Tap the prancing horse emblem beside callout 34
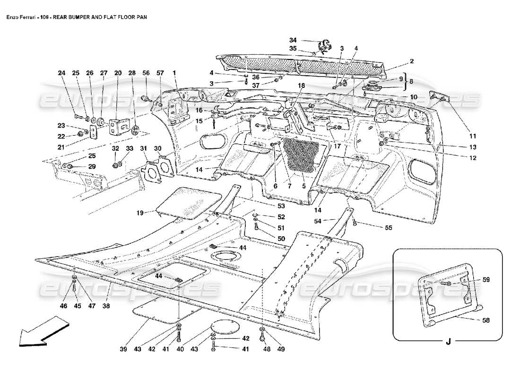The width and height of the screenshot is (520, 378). pos(325,46)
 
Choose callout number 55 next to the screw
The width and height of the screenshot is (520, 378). pos(388,228)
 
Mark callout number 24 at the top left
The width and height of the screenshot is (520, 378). pos(61,73)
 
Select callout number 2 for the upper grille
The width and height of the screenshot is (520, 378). pos(412,61)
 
